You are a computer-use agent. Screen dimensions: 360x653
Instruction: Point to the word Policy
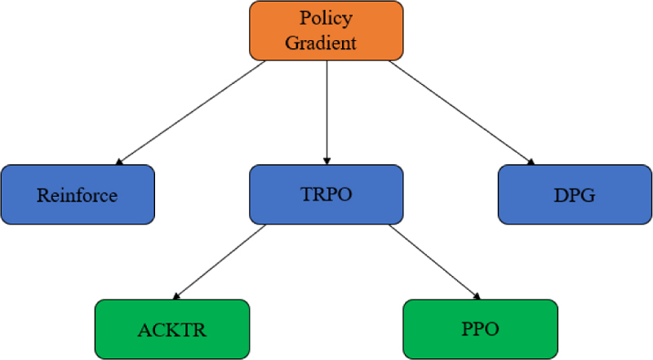click(326, 18)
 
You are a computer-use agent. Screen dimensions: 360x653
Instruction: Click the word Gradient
click(326, 42)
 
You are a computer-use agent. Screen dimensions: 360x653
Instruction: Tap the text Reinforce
click(78, 195)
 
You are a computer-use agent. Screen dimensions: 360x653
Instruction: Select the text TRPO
click(326, 195)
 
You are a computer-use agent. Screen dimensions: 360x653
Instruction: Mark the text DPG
click(575, 195)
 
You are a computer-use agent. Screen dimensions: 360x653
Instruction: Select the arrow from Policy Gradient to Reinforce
click(191, 113)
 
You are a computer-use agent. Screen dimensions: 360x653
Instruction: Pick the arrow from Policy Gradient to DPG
click(461, 113)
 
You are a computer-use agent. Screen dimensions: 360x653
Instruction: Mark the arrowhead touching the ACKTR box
click(177, 296)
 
